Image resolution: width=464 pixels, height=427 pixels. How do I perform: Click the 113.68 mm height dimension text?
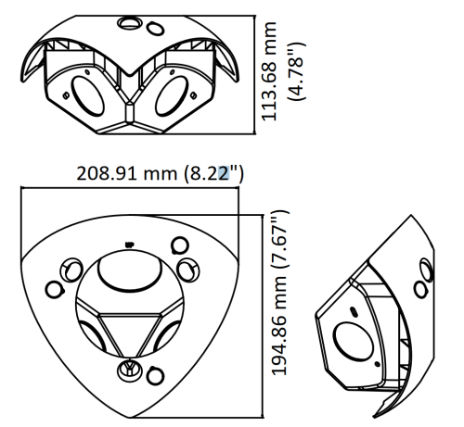[268, 71]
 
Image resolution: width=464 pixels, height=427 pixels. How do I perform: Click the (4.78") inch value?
[296, 71]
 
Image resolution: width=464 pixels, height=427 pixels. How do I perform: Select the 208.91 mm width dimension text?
[126, 173]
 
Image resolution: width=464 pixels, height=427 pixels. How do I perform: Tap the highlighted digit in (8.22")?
[224, 173]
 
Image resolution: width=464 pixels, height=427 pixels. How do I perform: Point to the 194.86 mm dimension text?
[278, 325]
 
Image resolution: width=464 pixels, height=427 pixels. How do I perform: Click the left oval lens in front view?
[87, 96]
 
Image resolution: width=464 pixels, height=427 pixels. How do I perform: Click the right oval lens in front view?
[172, 96]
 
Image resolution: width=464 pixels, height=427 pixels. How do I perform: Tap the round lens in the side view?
[353, 341]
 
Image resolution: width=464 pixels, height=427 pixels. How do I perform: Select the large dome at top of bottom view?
[130, 271]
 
